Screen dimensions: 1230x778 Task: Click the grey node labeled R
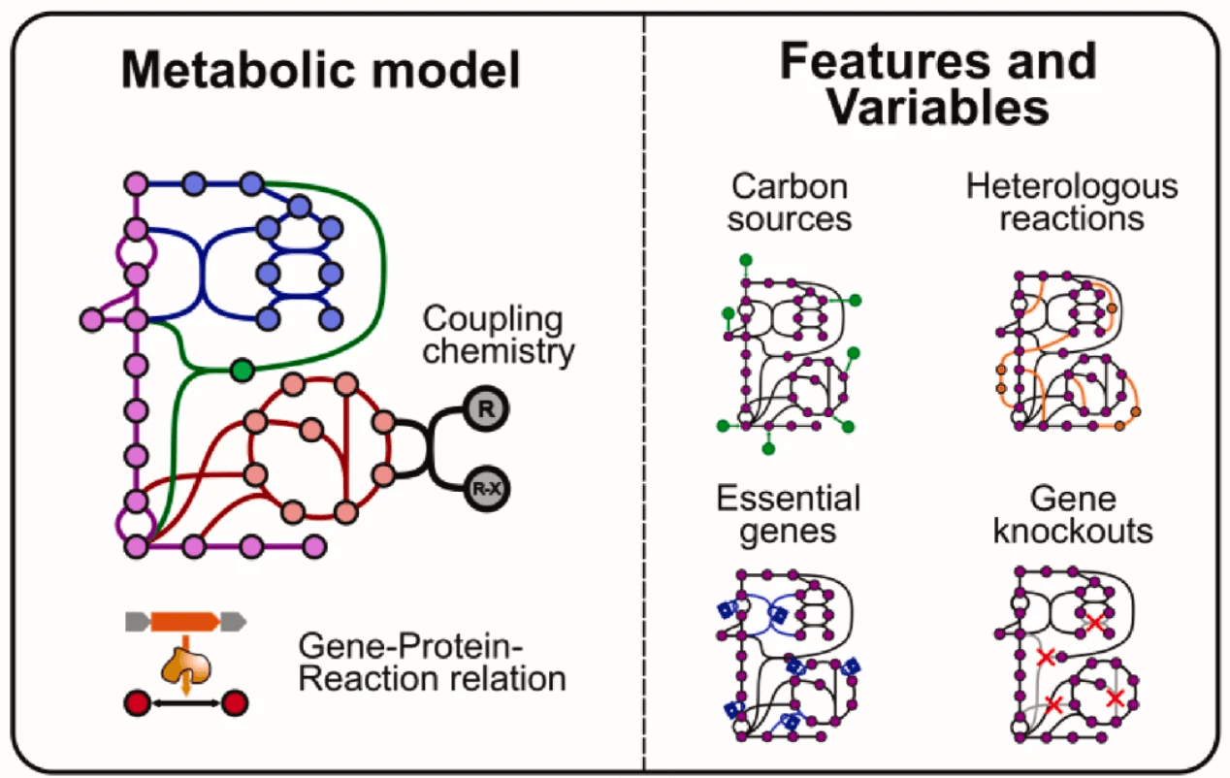click(x=486, y=408)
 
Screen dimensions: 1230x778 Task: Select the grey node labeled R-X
click(x=487, y=489)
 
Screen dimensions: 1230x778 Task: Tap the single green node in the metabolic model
click(x=243, y=370)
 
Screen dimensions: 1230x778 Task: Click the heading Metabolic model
click(x=321, y=70)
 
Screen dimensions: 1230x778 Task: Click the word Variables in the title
click(x=938, y=107)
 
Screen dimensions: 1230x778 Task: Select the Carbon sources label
click(x=790, y=203)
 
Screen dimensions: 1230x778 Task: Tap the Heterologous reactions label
click(x=1072, y=202)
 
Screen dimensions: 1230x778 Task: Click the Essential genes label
click(x=789, y=514)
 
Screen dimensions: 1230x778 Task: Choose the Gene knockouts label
click(x=1073, y=514)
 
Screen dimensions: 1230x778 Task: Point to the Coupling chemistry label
click(x=498, y=335)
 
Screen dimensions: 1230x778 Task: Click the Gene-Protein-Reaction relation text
click(x=432, y=663)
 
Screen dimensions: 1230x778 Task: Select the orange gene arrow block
click(x=185, y=622)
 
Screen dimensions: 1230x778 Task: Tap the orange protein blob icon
click(x=186, y=665)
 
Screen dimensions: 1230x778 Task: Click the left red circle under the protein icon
click(x=138, y=703)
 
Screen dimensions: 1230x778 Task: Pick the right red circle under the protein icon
click(x=235, y=703)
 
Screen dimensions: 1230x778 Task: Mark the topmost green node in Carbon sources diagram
click(x=746, y=260)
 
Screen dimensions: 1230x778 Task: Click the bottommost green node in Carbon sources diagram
click(x=768, y=449)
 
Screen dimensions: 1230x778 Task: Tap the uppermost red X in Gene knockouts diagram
click(x=1095, y=622)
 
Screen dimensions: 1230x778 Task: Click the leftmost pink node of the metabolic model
click(x=92, y=319)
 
